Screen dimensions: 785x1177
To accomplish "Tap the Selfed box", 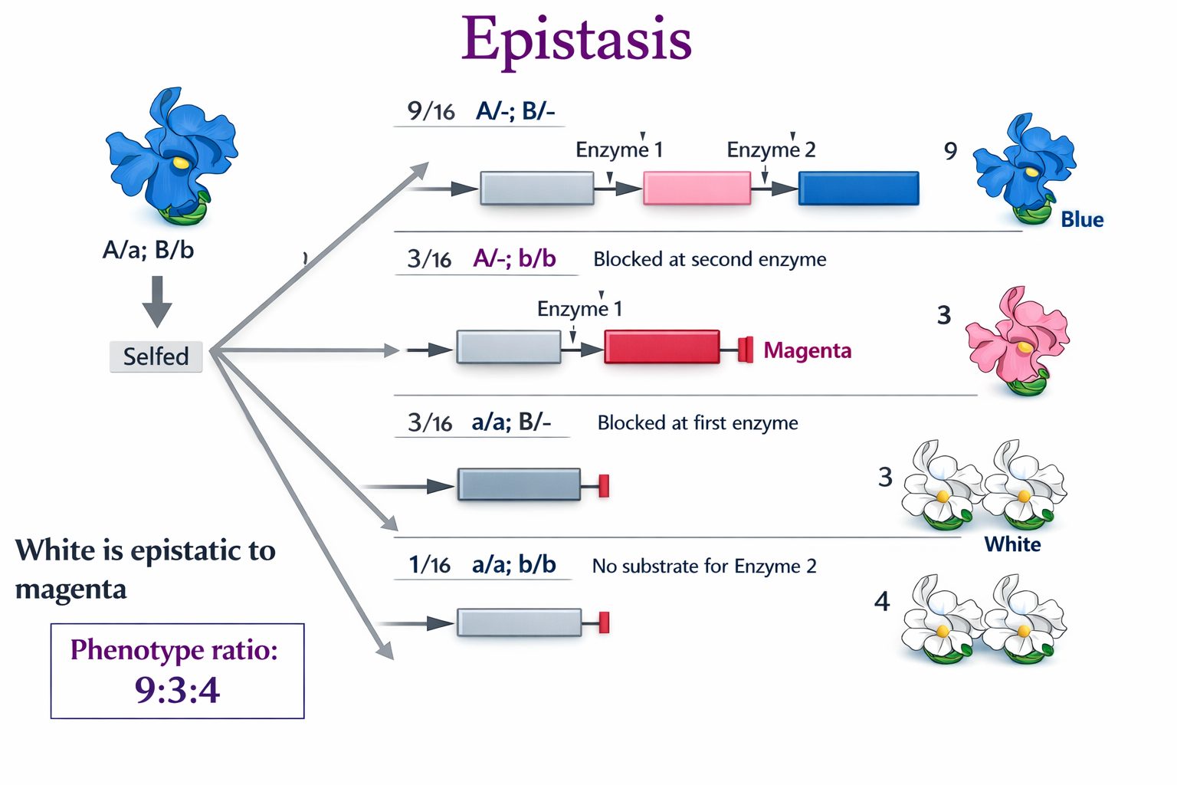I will coord(156,356).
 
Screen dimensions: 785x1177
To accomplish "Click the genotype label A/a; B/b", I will coord(148,250).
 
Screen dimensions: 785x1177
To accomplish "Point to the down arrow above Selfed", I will coord(157,301).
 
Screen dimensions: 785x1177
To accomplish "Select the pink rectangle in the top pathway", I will coord(697,189).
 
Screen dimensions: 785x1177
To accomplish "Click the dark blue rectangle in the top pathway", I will coord(858,189).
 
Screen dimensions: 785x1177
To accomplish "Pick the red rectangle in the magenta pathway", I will coord(661,347).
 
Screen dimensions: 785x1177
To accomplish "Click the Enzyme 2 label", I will coord(771,149).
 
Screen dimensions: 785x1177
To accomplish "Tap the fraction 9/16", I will coord(431,112).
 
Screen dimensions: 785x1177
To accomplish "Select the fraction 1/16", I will coord(429,566).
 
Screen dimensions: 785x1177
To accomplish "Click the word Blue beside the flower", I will coord(1082,220).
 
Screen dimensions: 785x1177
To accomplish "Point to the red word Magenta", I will coord(808,350).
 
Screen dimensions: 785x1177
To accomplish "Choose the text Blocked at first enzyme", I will coord(697,423).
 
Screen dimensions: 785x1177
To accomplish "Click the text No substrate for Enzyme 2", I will coord(704,567).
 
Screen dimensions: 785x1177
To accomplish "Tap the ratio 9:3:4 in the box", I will coord(177,690).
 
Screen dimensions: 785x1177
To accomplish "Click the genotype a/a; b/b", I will coord(513,565).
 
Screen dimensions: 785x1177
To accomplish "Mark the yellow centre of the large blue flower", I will coord(180,163).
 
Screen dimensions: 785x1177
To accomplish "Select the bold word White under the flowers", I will coord(1012,544).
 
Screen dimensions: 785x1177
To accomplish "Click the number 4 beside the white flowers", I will coord(882,602).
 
